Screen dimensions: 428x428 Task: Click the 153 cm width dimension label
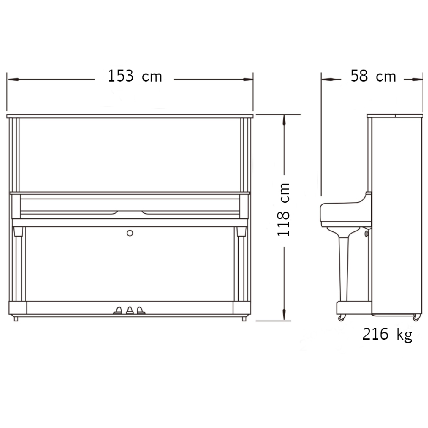pyautogui.click(x=135, y=76)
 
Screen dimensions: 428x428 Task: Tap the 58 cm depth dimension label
pyautogui.click(x=373, y=76)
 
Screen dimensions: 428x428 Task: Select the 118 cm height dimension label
pyautogui.click(x=284, y=210)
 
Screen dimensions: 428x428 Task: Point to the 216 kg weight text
pyautogui.click(x=387, y=335)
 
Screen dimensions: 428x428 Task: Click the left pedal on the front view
pyautogui.click(x=118, y=310)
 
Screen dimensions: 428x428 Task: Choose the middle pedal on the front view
pyautogui.click(x=129, y=310)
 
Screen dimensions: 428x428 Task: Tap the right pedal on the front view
pyautogui.click(x=140, y=310)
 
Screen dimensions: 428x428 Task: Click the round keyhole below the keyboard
pyautogui.click(x=130, y=233)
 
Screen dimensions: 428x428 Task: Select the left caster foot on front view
pyautogui.click(x=16, y=319)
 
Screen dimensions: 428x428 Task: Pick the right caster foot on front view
pyautogui.click(x=244, y=319)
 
